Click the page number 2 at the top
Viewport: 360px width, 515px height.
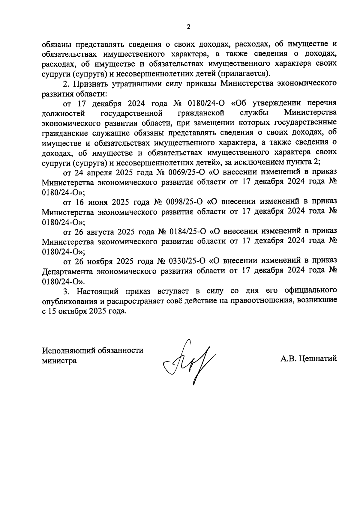point(188,27)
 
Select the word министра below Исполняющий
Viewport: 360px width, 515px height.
point(59,361)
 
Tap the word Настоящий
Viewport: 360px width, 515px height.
point(98,291)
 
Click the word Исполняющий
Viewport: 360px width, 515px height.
point(70,351)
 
